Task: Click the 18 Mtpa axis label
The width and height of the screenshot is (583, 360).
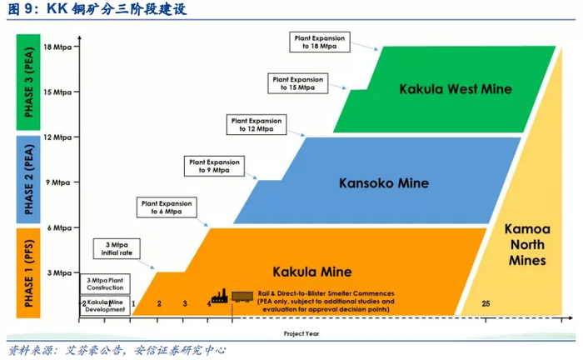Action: click(x=58, y=47)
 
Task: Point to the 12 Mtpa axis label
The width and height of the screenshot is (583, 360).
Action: click(x=58, y=137)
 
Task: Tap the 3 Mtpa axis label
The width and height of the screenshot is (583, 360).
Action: click(x=61, y=272)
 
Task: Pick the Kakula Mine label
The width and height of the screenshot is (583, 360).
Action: click(x=312, y=272)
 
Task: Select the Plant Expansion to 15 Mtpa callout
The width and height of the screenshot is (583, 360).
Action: click(x=297, y=82)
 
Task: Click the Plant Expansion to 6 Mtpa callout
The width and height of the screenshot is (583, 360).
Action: click(x=167, y=207)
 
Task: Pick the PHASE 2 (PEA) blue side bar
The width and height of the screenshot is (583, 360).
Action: click(x=27, y=179)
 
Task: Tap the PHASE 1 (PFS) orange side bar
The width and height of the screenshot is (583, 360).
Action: click(x=27, y=272)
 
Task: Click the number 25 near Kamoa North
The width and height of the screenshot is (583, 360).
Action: click(x=486, y=303)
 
